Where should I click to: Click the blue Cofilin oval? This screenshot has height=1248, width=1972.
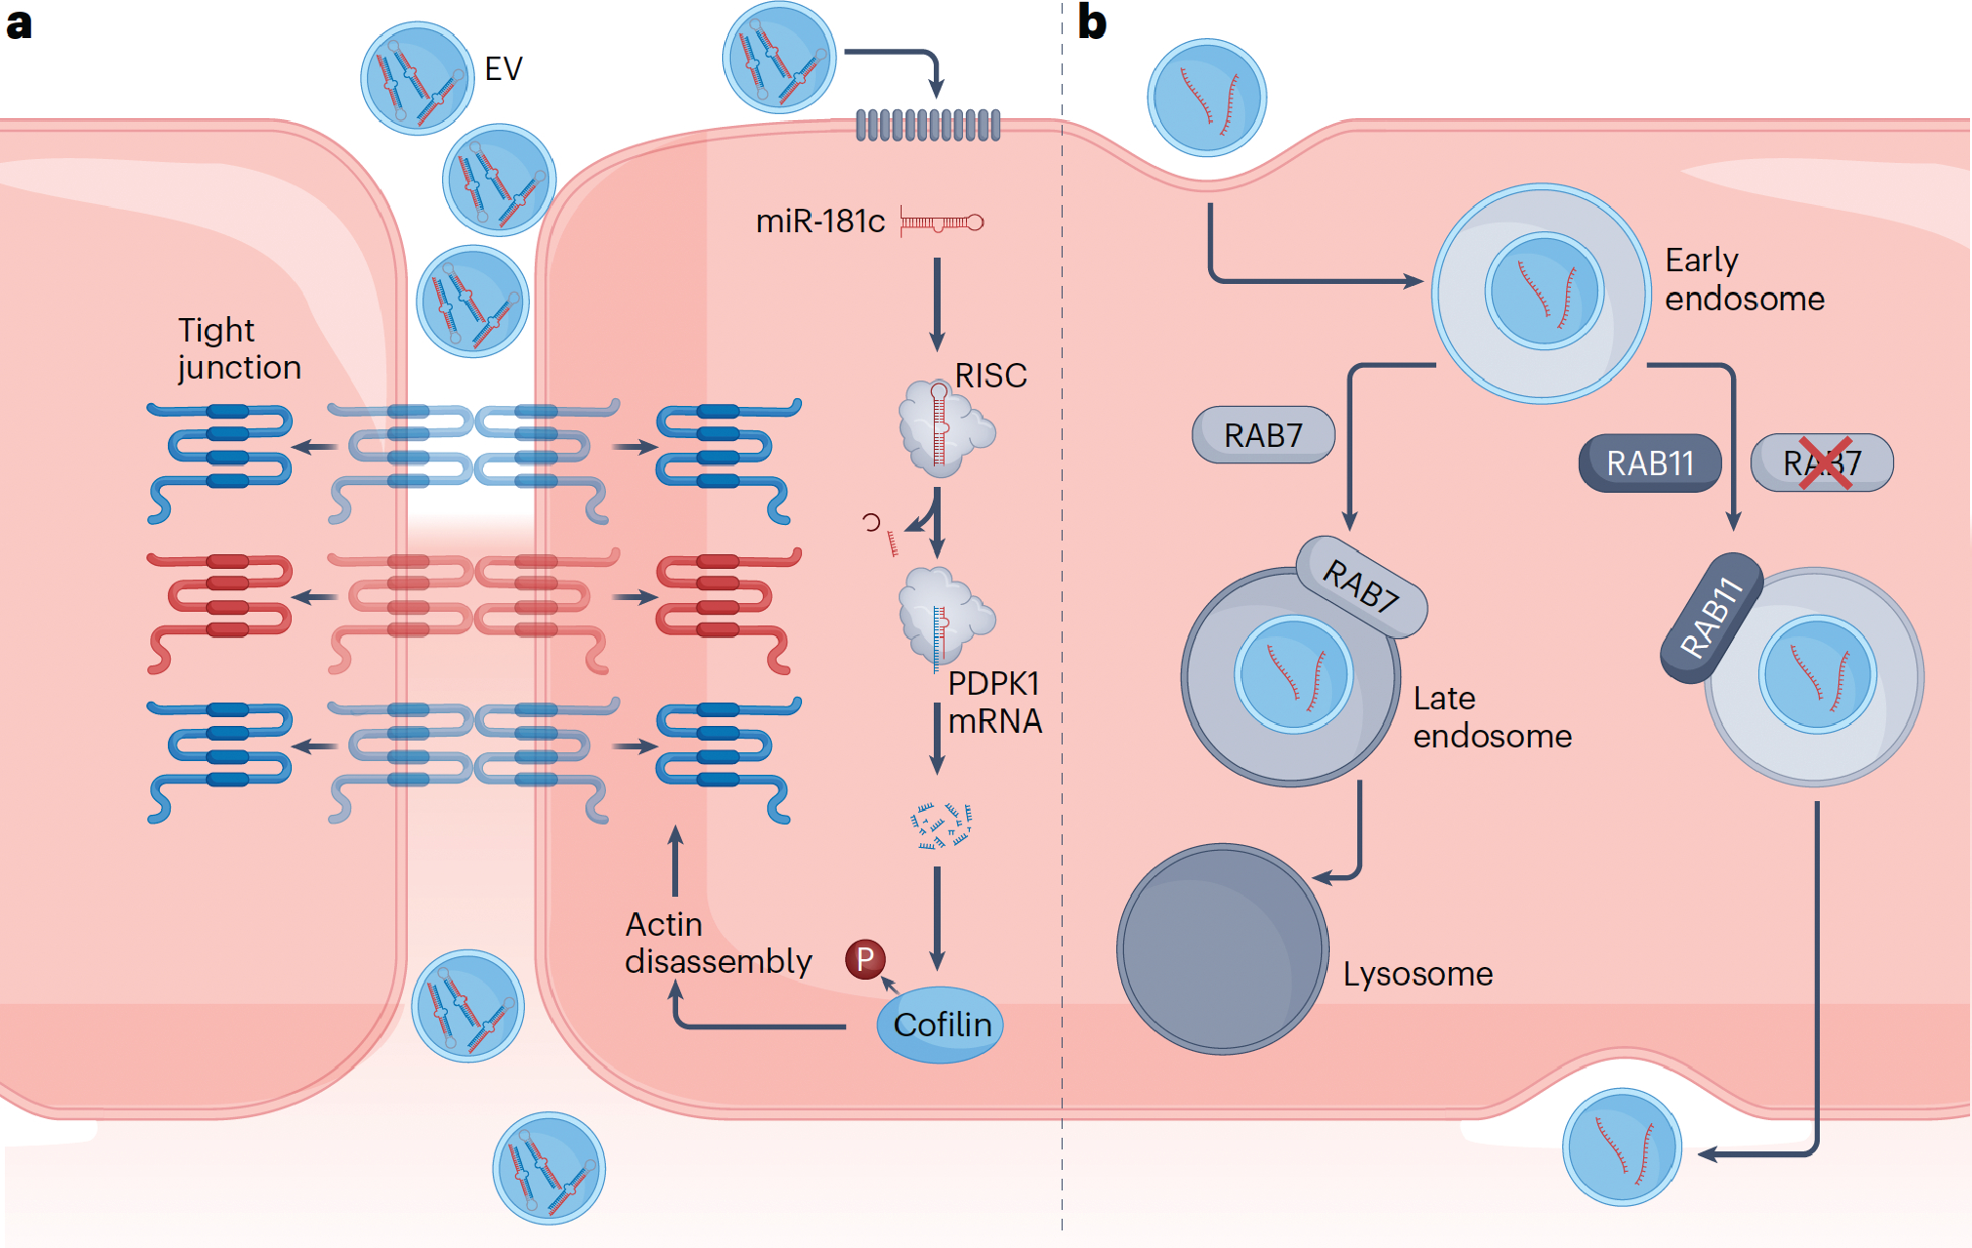(940, 1025)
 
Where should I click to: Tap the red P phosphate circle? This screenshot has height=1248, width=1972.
(865, 959)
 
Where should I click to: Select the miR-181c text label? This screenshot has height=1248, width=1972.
(821, 221)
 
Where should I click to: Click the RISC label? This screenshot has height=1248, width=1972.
(990, 376)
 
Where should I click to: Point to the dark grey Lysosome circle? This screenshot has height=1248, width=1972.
(1223, 948)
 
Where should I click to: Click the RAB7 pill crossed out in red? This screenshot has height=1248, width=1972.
(1822, 463)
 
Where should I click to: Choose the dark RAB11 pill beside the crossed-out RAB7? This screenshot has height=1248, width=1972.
(1650, 463)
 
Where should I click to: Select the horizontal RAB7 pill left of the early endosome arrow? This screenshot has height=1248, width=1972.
(1264, 434)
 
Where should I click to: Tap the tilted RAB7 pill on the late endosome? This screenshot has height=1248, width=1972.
(1361, 585)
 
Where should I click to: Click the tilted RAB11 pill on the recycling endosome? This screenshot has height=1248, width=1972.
(1711, 617)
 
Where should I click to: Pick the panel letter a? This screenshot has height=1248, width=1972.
(20, 23)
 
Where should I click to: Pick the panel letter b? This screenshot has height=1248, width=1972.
(1092, 21)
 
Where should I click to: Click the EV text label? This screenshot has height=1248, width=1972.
(503, 68)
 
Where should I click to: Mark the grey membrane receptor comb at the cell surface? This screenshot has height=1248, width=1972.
(928, 125)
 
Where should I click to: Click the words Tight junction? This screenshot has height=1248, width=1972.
(239, 348)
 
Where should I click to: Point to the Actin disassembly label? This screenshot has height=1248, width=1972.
(718, 943)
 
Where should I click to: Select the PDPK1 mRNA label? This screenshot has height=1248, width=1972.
(994, 702)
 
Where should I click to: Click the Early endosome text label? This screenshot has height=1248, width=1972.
(1745, 279)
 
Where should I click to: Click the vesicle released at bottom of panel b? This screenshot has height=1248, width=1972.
(1622, 1147)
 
